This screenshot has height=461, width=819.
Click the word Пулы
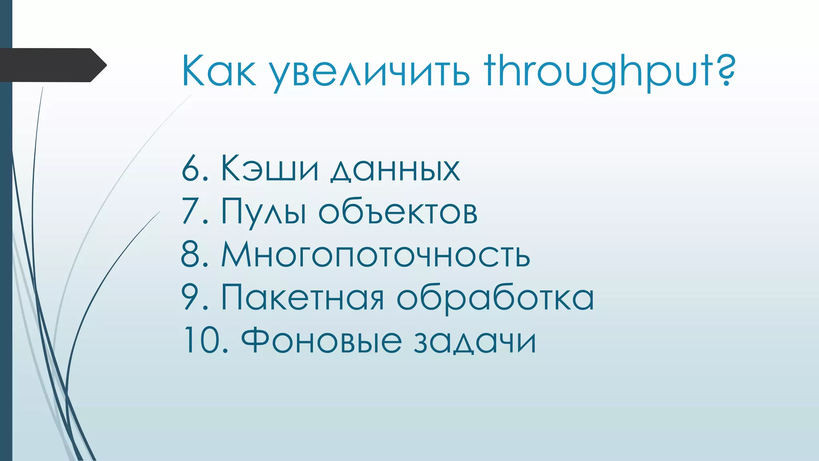pyautogui.click(x=264, y=212)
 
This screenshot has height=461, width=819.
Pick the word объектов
pyautogui.click(x=398, y=212)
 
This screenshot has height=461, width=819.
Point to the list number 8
pyautogui.click(x=191, y=255)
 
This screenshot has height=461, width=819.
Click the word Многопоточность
pyautogui.click(x=376, y=255)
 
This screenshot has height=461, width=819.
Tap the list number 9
pyautogui.click(x=191, y=298)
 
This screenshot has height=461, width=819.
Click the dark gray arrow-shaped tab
pyautogui.click(x=52, y=65)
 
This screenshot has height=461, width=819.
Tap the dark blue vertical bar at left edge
pyautogui.click(x=6, y=260)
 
